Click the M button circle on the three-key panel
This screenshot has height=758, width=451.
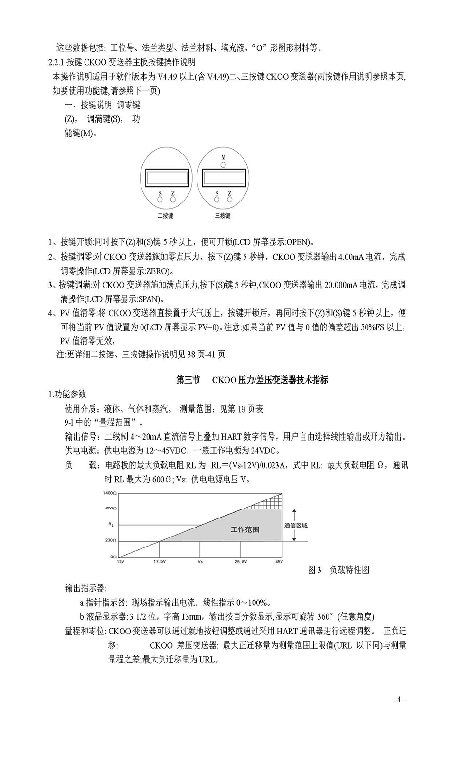coord(223,164)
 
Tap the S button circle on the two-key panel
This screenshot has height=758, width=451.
coord(160,200)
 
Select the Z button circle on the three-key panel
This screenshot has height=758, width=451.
coord(230,200)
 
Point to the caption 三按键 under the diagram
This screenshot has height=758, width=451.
coord(223,216)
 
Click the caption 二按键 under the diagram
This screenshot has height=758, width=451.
coord(165,216)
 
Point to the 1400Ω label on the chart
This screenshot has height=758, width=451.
coord(110,493)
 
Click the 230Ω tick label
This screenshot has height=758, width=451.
coord(111,541)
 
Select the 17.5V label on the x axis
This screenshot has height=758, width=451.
coord(160,562)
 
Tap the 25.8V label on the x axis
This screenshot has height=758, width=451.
coord(241,562)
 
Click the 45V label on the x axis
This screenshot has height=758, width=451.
coord(279,562)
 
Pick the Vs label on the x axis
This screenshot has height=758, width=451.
coord(200,562)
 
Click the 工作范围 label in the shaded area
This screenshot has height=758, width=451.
coord(245,529)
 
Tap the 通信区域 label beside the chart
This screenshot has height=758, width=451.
coord(296,525)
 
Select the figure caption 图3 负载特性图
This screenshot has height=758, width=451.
coord(338,570)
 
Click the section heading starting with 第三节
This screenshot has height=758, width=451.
coord(252,380)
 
